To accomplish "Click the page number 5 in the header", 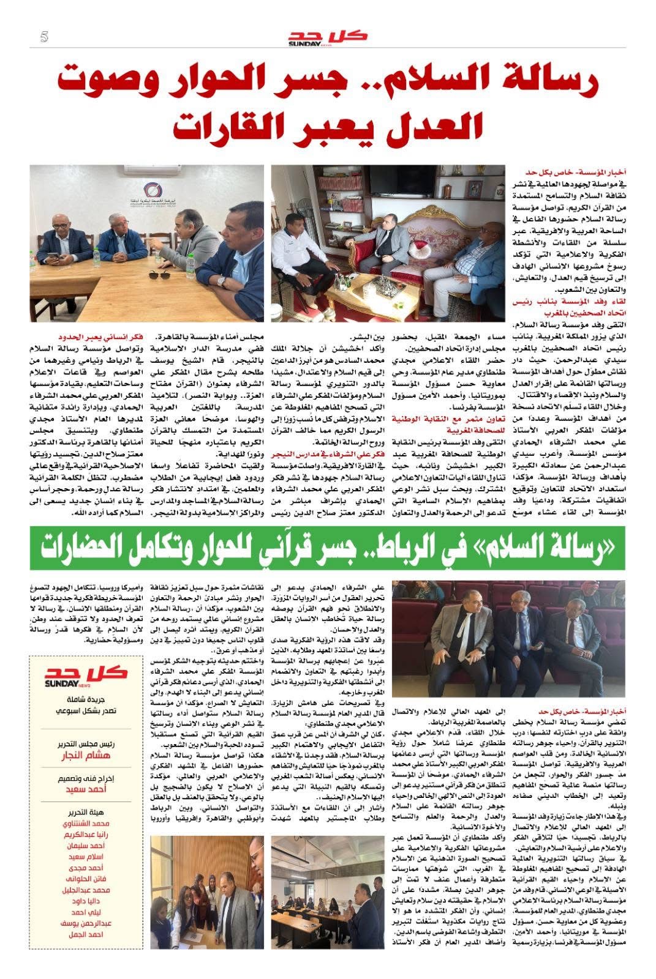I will click(x=44, y=37).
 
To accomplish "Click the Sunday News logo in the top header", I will click(x=328, y=37).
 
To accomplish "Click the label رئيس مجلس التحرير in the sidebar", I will click(x=86, y=744).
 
